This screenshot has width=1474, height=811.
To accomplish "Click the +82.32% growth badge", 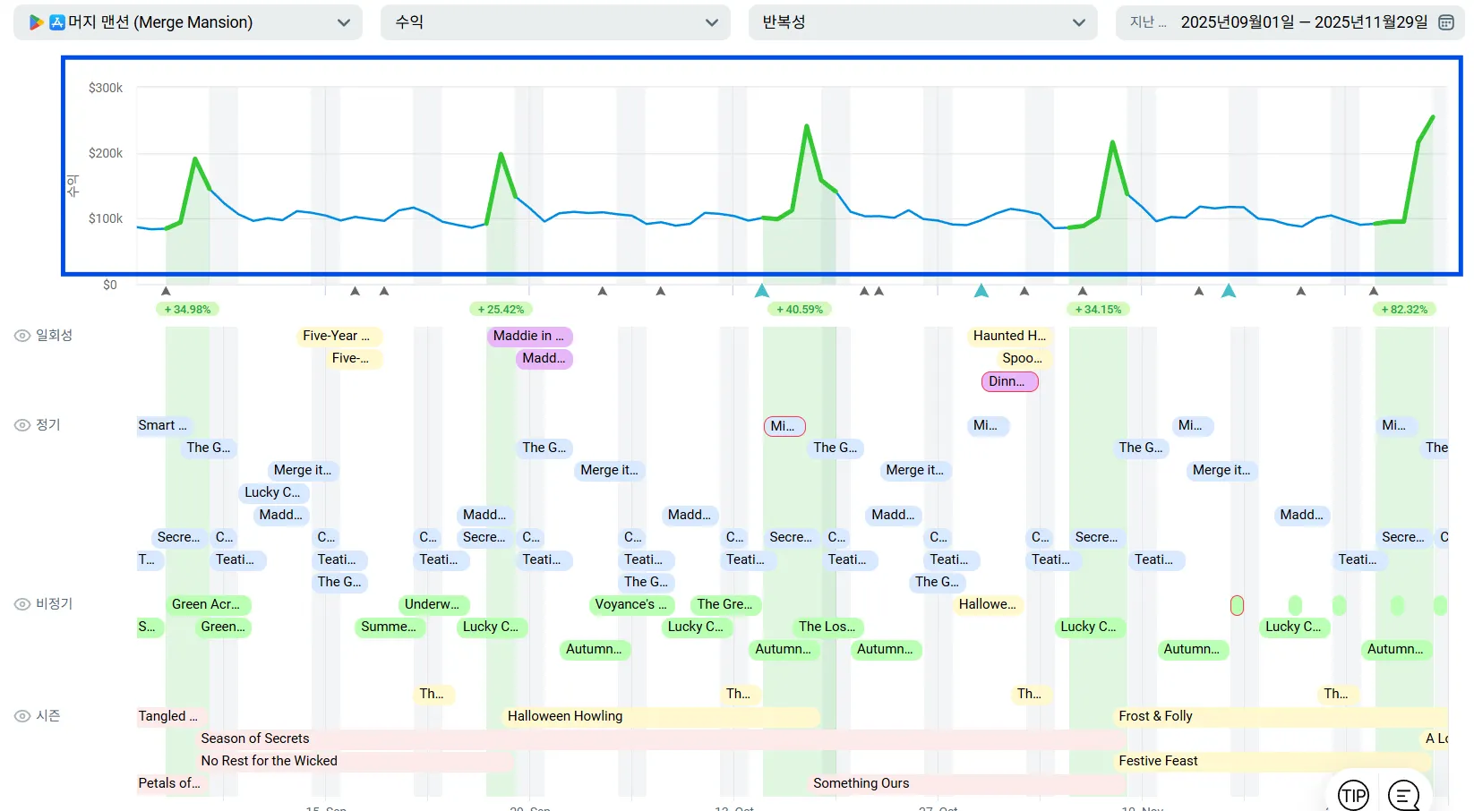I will [x=1404, y=310].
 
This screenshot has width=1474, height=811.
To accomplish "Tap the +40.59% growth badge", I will [x=799, y=310].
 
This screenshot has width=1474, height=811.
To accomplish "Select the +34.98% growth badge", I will [x=187, y=310].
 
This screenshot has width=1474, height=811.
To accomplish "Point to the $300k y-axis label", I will [x=106, y=88].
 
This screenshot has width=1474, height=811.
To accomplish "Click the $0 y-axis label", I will [x=109, y=285].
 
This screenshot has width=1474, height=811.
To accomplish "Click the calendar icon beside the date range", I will [x=1445, y=22].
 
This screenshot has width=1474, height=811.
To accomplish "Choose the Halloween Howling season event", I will [x=565, y=716].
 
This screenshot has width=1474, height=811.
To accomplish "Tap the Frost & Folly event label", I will [x=1155, y=716].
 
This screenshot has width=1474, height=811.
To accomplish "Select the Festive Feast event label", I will [x=1158, y=761].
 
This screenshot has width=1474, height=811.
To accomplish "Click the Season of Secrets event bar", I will [x=255, y=738].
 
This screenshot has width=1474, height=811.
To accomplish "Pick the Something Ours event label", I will [x=861, y=783].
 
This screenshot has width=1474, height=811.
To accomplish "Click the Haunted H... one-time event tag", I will [x=1009, y=336].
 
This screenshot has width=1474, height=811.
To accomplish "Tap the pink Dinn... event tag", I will [x=1009, y=381].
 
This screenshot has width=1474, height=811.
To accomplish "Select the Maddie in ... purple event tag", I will [x=529, y=336].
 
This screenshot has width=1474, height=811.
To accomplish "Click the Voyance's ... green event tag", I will [x=631, y=604].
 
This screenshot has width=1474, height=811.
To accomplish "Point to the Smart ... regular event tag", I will [x=162, y=425].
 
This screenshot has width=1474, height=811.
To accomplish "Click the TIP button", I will [x=1353, y=795].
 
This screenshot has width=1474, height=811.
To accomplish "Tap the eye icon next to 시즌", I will [x=22, y=716].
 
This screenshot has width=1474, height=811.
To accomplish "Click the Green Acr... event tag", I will [x=206, y=604].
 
